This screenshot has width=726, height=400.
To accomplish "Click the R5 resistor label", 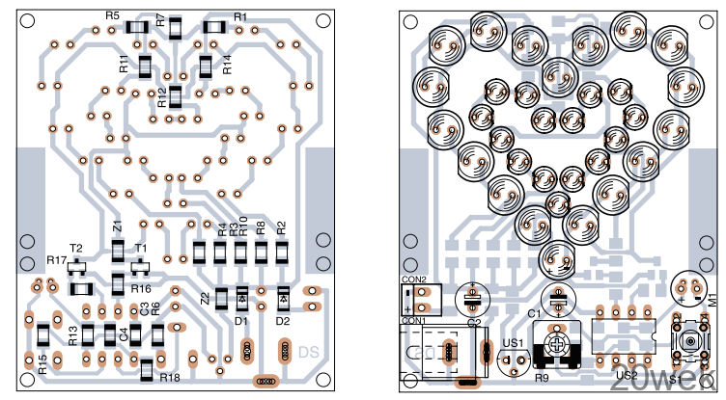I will point(112,16).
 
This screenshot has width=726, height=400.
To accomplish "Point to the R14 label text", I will point(227,65).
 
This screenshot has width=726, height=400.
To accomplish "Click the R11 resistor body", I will point(145,67).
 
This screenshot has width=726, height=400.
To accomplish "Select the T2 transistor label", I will point(76,248).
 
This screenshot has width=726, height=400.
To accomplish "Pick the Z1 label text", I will point(117,228).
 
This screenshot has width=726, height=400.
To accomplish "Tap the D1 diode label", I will point(241,320).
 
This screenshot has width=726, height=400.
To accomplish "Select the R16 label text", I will point(142,288).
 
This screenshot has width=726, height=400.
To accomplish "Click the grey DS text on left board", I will point(308,352).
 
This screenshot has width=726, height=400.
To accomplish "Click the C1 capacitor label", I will point(535,314).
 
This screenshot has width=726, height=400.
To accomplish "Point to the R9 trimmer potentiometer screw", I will point(558,343).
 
